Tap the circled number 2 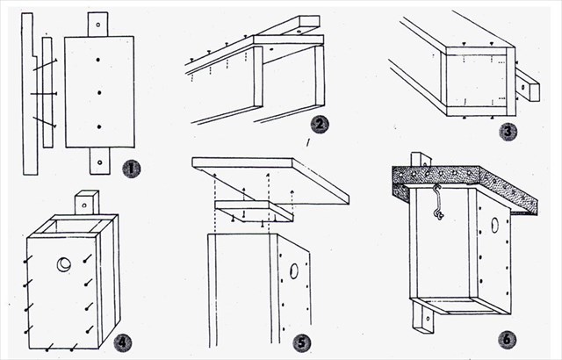320,124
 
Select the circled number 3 530,133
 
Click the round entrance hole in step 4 65,264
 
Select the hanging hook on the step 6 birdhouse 436,204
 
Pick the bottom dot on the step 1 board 99,125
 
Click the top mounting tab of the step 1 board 98,24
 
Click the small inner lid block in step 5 253,212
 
